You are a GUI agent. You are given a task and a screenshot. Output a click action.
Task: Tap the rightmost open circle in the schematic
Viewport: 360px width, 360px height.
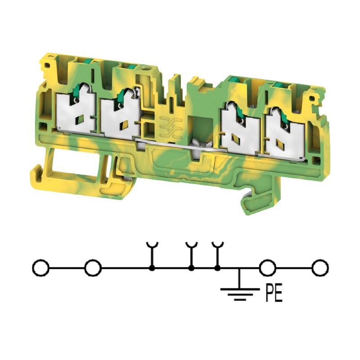pyautogui.click(x=320, y=268)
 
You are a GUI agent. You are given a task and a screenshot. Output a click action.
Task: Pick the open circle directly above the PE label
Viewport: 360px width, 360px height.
pyautogui.click(x=268, y=268)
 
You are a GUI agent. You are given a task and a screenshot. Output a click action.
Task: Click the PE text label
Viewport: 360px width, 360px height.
pyautogui.click(x=274, y=293)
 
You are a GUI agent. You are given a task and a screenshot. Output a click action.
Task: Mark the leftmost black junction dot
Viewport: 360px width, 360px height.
pyautogui.click(x=152, y=268)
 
